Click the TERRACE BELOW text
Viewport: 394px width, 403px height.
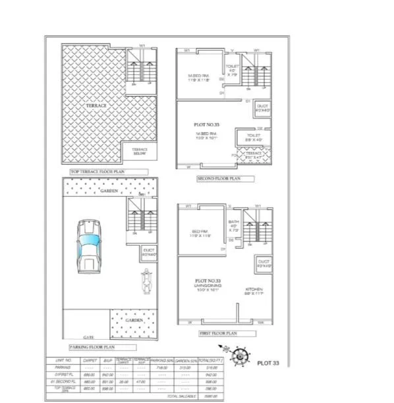click(x=140, y=151)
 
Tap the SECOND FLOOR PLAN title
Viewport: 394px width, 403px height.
click(x=217, y=178)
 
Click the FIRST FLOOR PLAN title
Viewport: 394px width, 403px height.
click(x=219, y=333)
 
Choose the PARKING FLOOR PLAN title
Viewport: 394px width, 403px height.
click(x=93, y=346)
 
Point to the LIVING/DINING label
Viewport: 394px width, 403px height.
click(x=208, y=285)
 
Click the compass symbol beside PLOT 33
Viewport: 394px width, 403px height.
click(x=240, y=356)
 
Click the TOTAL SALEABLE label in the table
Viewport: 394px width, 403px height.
click(x=179, y=396)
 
